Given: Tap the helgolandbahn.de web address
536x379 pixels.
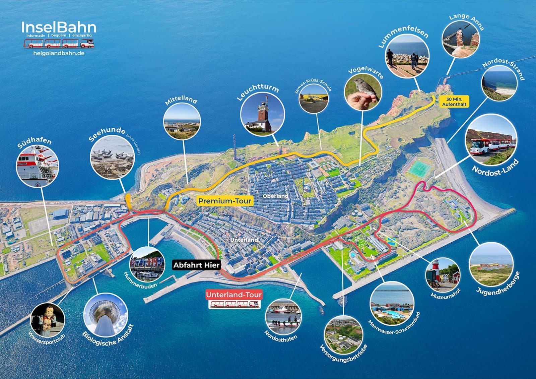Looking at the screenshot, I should point(59,53).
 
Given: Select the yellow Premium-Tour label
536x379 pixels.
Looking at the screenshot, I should point(224,201).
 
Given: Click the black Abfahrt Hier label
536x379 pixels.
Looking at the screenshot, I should point(196,265).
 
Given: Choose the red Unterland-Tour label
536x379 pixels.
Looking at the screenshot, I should point(234,295).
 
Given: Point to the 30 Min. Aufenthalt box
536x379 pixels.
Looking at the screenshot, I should point(454,102).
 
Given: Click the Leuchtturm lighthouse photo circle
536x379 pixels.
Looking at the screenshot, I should point(263,113).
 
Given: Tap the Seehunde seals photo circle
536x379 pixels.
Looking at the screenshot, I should point(113,157).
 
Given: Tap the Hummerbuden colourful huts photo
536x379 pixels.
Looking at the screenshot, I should point(147,264).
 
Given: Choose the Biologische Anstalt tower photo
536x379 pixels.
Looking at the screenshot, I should point(106,315).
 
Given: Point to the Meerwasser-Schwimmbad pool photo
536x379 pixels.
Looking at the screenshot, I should point(392,304).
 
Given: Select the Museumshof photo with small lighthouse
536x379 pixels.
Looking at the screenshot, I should point(443,275).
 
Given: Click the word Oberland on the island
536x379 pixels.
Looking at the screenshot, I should point(275,196).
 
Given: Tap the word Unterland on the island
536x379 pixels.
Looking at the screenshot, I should point(244,240).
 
